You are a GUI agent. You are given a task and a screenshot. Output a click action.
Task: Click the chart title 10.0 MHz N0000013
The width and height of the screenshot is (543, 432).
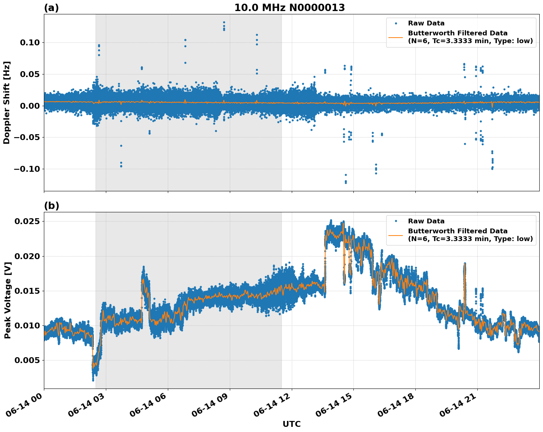(x=290, y=8)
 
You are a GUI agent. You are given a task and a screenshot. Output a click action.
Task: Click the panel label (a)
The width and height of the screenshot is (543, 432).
(x=51, y=8)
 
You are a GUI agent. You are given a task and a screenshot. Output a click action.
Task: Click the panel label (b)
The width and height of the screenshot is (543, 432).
(x=51, y=206)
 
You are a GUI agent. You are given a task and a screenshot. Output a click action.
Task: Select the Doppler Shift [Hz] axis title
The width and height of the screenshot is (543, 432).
(x=7, y=102)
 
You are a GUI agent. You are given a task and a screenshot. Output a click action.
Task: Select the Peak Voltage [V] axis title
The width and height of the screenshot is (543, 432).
(x=7, y=300)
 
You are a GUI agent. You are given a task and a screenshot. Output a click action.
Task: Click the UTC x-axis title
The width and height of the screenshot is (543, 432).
(x=291, y=424)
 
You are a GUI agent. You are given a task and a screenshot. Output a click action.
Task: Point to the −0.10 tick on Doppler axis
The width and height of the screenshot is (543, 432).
(x=27, y=169)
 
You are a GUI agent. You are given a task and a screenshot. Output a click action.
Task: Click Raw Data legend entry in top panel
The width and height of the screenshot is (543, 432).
(x=426, y=24)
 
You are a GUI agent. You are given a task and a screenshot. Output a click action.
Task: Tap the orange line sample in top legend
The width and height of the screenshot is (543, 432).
(x=396, y=37)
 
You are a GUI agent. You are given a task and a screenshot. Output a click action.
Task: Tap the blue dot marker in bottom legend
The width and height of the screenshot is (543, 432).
(x=396, y=221)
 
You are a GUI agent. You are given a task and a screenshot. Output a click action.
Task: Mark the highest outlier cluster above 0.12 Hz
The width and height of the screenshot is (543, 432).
(x=224, y=26)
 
